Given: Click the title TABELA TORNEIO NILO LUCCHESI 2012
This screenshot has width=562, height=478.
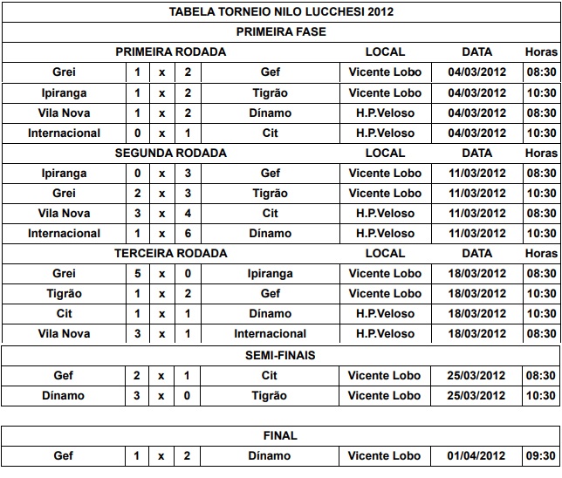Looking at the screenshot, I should (x=281, y=11).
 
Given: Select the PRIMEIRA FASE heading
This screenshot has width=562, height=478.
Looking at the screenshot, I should (x=281, y=31).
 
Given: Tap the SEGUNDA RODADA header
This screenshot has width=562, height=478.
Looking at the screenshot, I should (x=171, y=153).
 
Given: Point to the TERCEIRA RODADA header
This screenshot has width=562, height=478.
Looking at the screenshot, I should (x=171, y=253).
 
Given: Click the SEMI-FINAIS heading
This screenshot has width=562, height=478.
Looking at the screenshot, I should (x=281, y=355).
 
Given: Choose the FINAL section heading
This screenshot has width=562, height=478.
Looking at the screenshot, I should (x=281, y=435).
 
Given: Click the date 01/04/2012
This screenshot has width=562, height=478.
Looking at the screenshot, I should (x=476, y=455).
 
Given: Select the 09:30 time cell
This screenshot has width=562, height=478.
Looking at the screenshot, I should (x=541, y=455).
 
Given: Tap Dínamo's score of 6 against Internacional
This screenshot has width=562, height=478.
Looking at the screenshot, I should (x=187, y=233).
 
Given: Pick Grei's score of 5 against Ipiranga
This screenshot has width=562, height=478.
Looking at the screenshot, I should (x=137, y=273).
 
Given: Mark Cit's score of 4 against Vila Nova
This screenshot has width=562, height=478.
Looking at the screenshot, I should (x=187, y=213).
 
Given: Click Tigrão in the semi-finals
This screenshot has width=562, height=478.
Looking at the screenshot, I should (x=270, y=395).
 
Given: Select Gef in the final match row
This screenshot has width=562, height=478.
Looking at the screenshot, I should (x=64, y=455).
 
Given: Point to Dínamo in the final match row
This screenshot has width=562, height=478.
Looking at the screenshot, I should (x=270, y=455).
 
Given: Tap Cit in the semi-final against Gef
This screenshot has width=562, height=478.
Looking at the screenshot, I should (x=270, y=375).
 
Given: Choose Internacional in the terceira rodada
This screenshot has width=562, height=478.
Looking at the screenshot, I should (x=270, y=333).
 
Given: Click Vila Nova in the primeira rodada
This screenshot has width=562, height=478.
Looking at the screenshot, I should (x=64, y=113).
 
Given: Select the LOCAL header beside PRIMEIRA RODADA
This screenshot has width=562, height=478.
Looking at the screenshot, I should (x=385, y=51).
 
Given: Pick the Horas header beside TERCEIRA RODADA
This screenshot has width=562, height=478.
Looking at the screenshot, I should (x=541, y=253).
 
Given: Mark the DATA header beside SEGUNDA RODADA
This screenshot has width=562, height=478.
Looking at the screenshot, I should (x=476, y=153).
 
